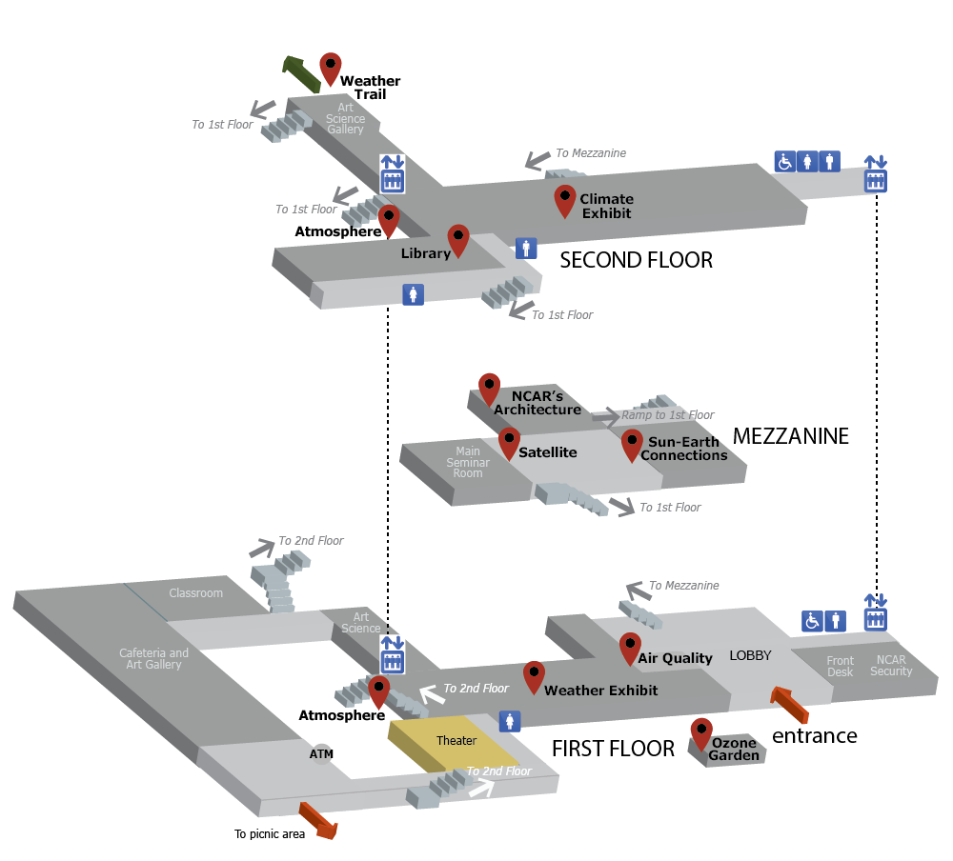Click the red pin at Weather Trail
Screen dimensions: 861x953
click(331, 68)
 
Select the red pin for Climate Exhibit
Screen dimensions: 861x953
click(565, 200)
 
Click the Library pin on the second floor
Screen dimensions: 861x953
click(458, 239)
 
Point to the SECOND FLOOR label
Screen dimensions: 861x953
click(636, 260)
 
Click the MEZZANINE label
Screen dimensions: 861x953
click(790, 436)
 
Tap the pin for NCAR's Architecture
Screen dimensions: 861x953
click(489, 388)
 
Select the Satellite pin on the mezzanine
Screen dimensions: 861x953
click(510, 442)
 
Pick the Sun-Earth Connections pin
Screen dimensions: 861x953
click(632, 444)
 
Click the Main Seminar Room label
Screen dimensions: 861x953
click(468, 462)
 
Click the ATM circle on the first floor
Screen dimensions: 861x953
click(322, 754)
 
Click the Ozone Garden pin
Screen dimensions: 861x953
click(701, 732)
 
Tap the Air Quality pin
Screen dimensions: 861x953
click(630, 648)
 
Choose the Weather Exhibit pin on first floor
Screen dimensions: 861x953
click(534, 677)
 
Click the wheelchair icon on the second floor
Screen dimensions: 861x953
click(784, 162)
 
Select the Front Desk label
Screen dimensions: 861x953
click(840, 667)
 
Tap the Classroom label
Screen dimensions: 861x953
click(195, 593)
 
